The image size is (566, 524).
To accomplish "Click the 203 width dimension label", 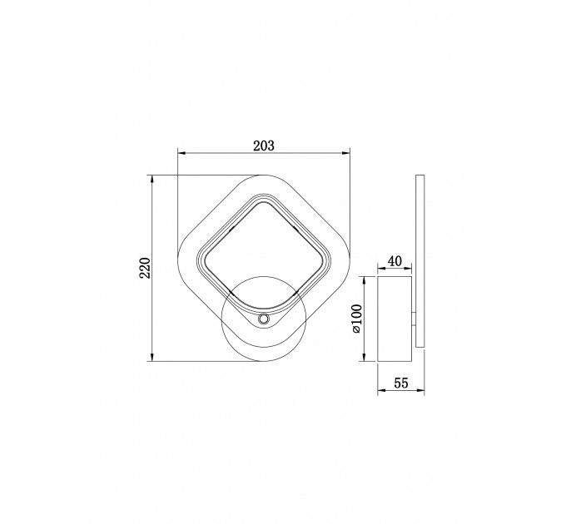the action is [x=264, y=146].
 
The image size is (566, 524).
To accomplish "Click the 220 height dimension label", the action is [x=145, y=268].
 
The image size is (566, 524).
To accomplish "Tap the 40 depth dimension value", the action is [x=395, y=261].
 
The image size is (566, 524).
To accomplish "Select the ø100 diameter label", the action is [x=356, y=319].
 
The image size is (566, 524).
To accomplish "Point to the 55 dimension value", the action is [x=401, y=383].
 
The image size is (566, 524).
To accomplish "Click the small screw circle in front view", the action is [x=264, y=319].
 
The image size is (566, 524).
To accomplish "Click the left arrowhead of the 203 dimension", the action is [x=182, y=153].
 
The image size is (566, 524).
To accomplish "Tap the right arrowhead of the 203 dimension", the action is [x=346, y=153].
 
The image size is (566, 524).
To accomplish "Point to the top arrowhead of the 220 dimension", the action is [x=152, y=180].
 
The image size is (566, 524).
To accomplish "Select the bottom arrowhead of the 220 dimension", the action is [x=152, y=357].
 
